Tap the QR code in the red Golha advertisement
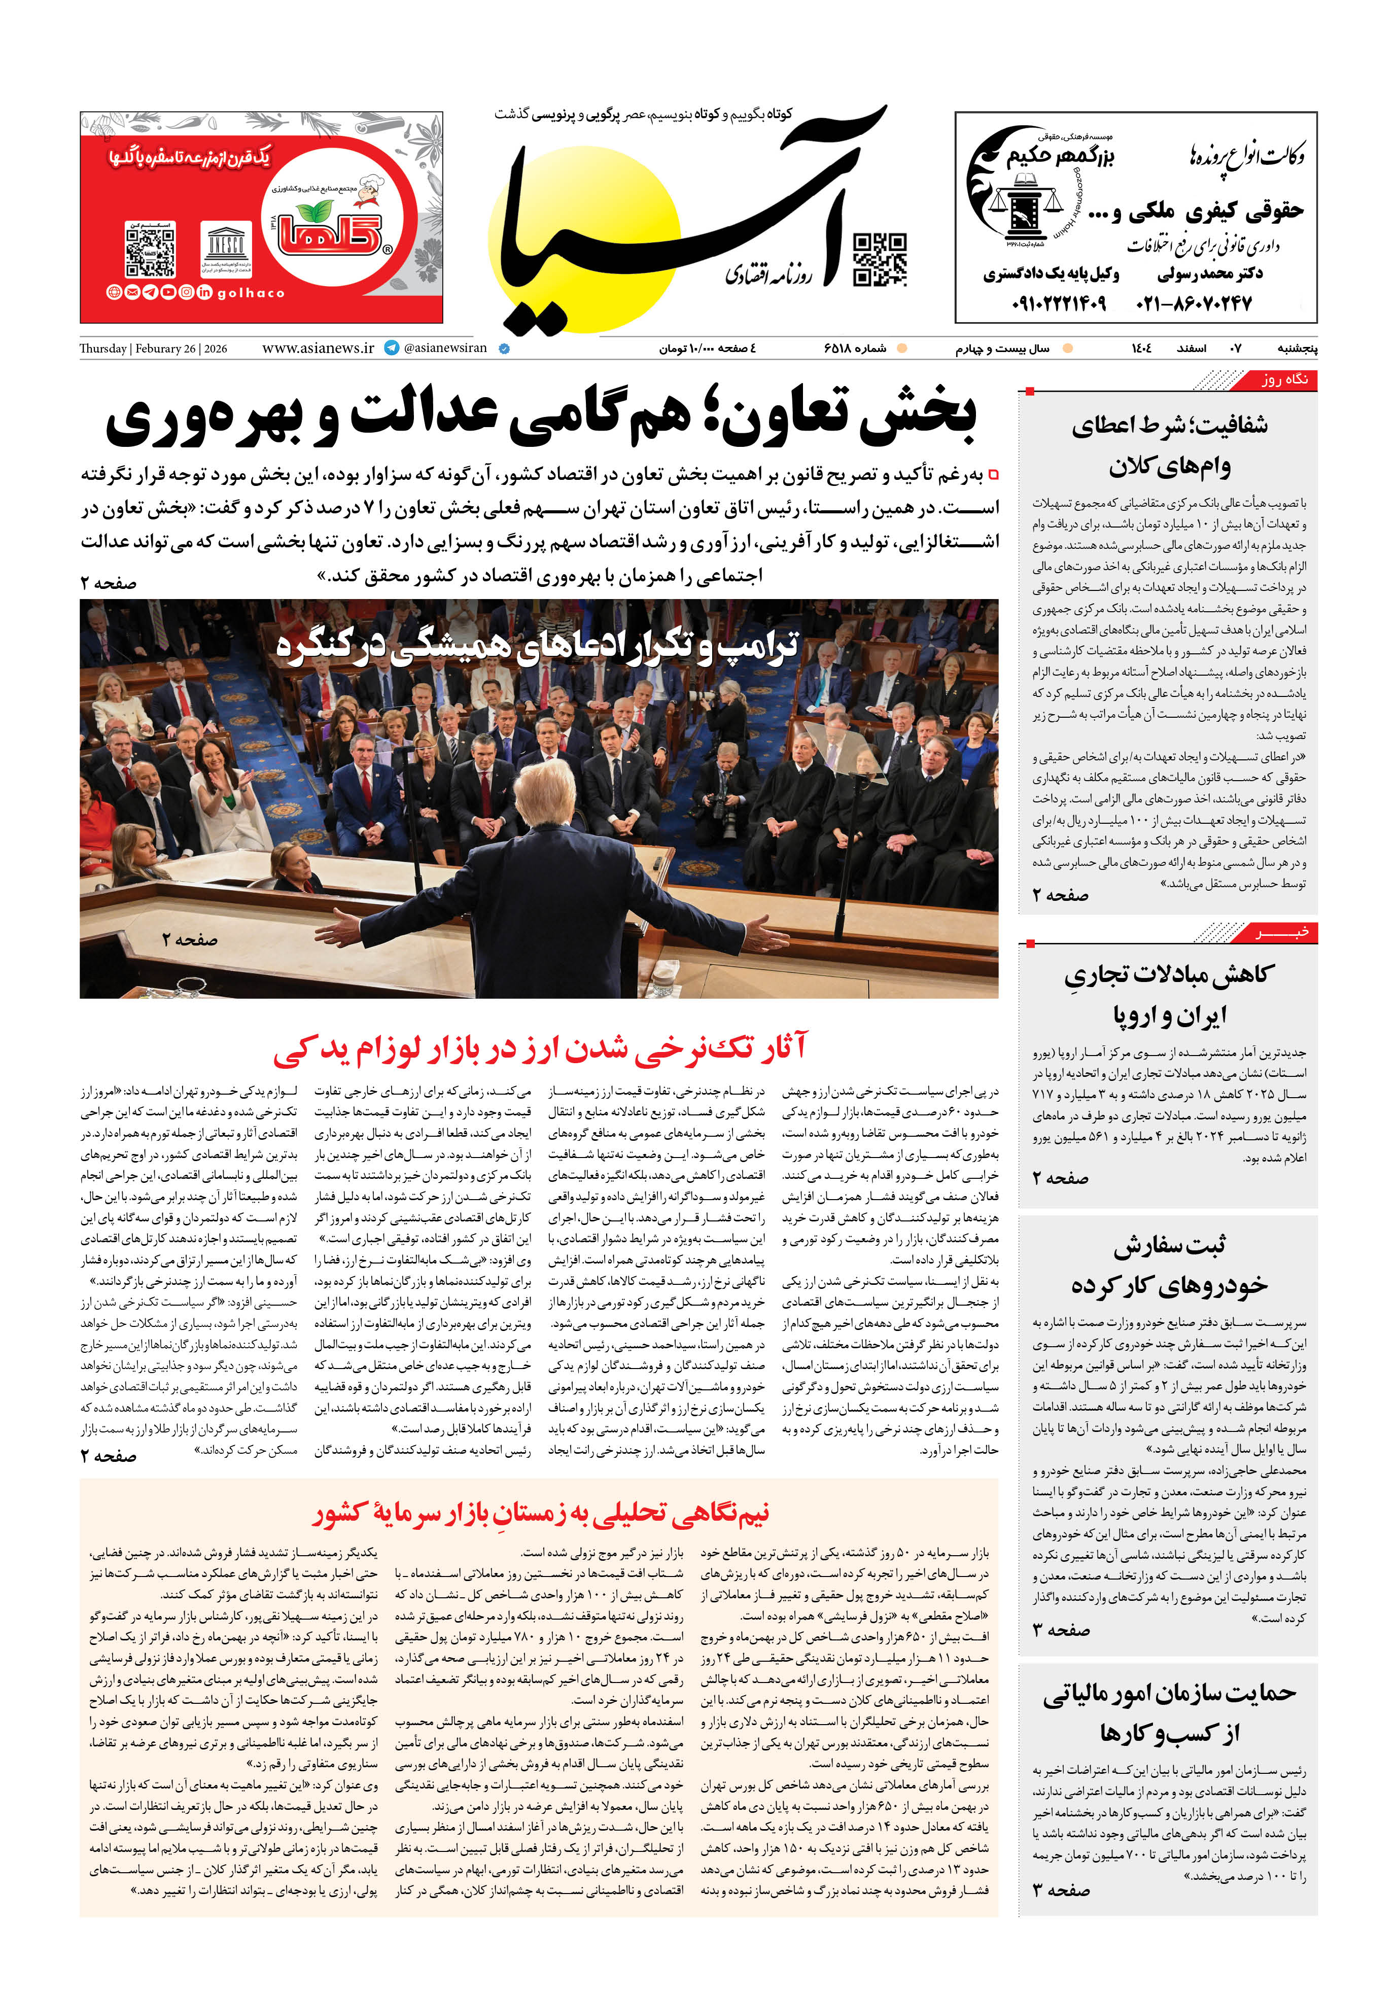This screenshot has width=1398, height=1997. point(151,250)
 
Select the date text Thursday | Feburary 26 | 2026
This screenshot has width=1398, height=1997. point(153,349)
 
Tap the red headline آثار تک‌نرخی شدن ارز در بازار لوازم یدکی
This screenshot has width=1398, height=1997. point(539,1048)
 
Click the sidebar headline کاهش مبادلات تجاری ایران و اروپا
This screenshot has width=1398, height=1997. point(1168,994)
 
